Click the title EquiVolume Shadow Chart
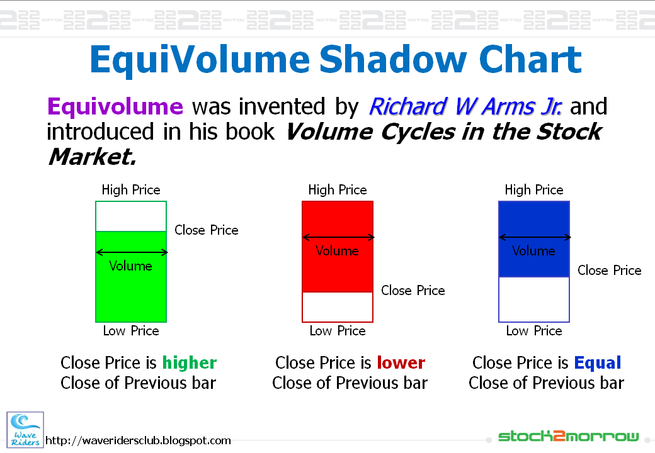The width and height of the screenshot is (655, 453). pos(335,60)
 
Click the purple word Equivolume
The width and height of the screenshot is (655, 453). pos(115,106)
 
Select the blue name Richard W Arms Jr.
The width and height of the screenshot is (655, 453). pos(465,106)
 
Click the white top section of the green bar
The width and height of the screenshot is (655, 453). pos(131,216)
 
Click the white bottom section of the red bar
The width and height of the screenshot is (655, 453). pos(338,307)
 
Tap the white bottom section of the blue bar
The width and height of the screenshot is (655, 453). pos(534,299)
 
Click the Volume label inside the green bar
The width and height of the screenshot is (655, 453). pos(130,266)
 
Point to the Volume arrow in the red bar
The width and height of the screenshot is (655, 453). pos(338,237)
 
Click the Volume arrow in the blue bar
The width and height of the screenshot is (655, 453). pos(535,237)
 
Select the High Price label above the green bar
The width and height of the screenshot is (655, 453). pos(131,190)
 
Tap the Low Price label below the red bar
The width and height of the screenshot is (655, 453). pos(338,331)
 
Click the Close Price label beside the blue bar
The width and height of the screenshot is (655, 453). pos(609,271)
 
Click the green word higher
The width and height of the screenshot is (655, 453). pos(190,363)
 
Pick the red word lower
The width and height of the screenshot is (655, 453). pos(401,363)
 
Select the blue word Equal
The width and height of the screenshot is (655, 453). pos(597,363)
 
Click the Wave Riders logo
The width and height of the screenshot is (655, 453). pos(25,429)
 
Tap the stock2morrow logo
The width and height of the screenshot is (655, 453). pos(568,436)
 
